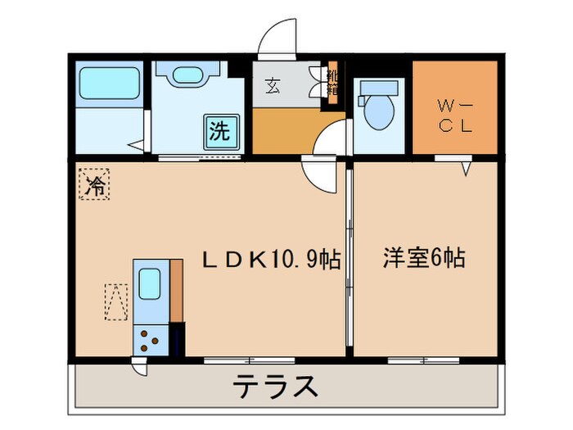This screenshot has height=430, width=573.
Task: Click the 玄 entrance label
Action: pyautogui.click(x=270, y=84)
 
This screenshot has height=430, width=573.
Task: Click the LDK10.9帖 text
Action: pyautogui.click(x=272, y=260)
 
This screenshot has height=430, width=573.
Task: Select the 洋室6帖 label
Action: pyautogui.click(x=424, y=260)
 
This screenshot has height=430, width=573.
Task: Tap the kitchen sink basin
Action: pyautogui.click(x=150, y=285)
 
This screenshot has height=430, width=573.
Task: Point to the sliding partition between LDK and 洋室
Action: pyautogui.click(x=349, y=262)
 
